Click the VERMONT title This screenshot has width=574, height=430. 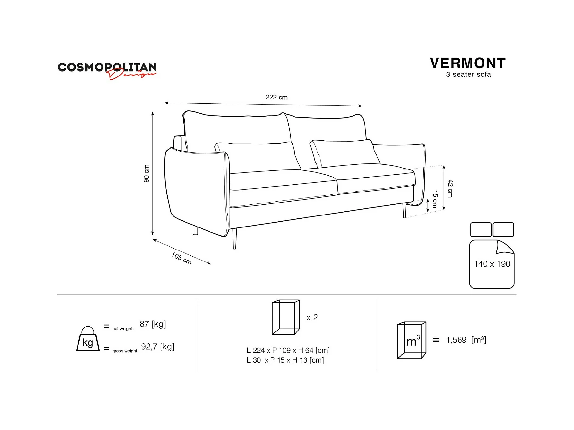(x=468, y=63)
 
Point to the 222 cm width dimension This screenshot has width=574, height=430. (x=276, y=97)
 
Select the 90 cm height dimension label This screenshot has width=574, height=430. (x=147, y=173)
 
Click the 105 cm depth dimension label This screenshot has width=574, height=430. (x=182, y=258)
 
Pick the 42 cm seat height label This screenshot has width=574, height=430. (x=450, y=188)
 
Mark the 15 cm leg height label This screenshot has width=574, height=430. (x=435, y=199)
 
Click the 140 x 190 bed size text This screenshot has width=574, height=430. (x=492, y=264)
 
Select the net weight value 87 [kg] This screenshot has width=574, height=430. (x=153, y=324)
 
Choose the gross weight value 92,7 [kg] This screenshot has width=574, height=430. (x=158, y=347)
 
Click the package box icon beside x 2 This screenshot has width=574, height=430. (x=286, y=317)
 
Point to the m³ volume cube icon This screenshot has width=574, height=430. (x=412, y=340)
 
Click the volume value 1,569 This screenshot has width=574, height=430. (x=456, y=340)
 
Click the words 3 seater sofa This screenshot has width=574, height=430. (x=468, y=75)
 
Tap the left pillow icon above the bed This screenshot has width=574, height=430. (x=481, y=230)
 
